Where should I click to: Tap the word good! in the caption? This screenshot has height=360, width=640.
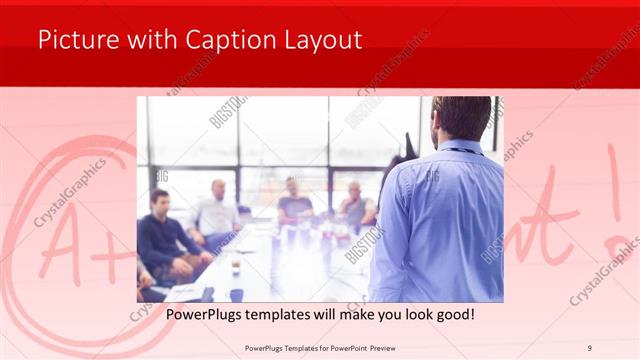click(454, 315)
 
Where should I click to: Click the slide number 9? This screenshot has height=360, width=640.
click(590, 348)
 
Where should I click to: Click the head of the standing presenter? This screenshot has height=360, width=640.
click(462, 118)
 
